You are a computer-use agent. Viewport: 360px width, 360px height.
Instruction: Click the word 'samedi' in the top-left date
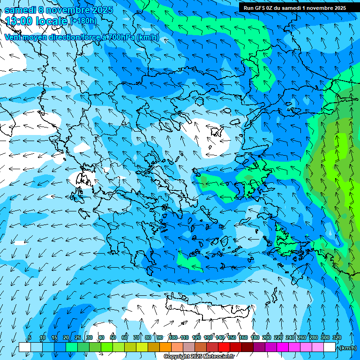(20, 9)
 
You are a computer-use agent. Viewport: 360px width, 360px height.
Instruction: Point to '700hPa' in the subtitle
(120, 37)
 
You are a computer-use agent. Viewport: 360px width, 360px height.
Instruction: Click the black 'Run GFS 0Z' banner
(295, 7)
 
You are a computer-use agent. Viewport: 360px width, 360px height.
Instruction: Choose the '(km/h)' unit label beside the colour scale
(348, 348)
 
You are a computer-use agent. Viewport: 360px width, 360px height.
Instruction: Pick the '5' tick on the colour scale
(30, 337)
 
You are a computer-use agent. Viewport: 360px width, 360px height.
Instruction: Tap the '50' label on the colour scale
(113, 337)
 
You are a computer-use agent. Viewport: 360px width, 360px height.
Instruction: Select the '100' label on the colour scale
(172, 337)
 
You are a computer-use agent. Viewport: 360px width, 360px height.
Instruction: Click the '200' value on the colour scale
(267, 337)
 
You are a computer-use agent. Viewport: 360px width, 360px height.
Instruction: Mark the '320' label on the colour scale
(337, 337)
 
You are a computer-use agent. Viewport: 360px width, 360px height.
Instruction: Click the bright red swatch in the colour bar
(224, 347)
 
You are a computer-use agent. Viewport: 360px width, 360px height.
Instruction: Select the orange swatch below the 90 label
(165, 347)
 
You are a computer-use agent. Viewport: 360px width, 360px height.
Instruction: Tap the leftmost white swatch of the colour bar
(25, 347)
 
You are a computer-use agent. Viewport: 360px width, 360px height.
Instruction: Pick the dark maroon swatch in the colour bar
(247, 347)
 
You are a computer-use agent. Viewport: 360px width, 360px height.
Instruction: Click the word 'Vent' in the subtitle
(14, 37)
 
